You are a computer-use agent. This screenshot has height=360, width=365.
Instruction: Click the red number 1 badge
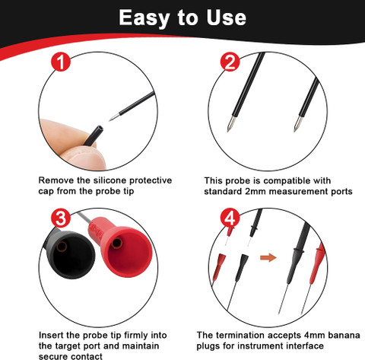point(61,62)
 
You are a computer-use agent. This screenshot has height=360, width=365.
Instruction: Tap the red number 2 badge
point(230,62)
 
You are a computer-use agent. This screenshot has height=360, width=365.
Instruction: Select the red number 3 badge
point(61,218)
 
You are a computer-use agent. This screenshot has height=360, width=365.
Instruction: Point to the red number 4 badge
point(230,218)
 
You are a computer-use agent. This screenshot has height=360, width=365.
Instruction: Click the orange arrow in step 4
point(268,257)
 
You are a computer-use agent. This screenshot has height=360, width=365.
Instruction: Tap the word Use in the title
point(226,18)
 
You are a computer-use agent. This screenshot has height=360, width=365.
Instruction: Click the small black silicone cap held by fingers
point(94,135)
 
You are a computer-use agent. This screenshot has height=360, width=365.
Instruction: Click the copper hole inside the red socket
point(117,243)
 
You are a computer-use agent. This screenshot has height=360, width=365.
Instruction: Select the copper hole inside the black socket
point(62,247)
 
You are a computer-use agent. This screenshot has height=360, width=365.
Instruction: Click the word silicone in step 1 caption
point(110,180)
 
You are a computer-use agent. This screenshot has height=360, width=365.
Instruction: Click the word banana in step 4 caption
point(344,335)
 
